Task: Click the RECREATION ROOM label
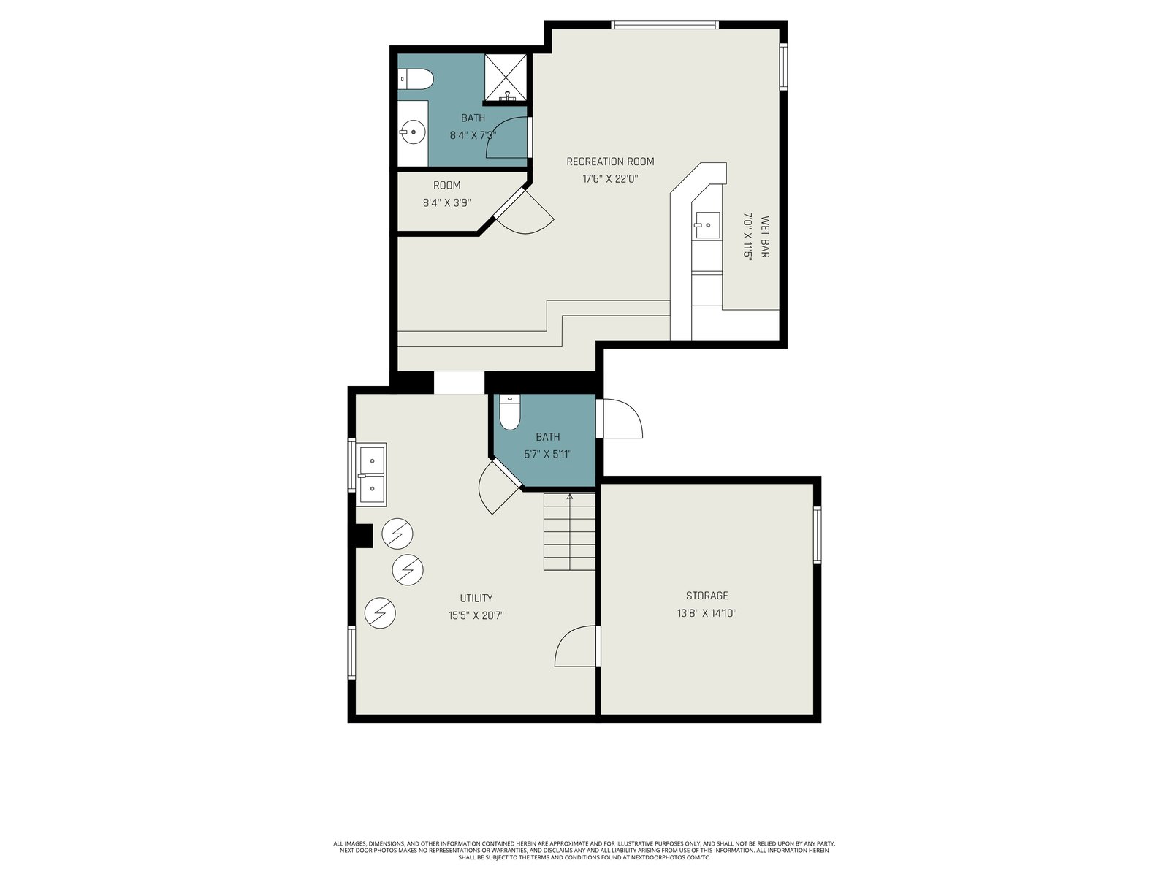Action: coord(610,162)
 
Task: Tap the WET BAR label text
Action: coord(765,236)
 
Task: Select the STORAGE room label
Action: coord(707,596)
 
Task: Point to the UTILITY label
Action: coord(476,598)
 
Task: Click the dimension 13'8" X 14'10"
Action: coord(707,613)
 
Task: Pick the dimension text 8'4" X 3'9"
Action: coord(447,202)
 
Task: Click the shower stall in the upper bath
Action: coord(506,77)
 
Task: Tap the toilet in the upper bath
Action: coord(416,80)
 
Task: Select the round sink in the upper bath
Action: coord(413,132)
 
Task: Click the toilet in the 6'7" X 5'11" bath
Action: coord(510,411)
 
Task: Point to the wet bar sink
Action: coord(707,225)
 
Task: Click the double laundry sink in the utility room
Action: coord(372,474)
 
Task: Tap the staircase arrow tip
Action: coord(570,495)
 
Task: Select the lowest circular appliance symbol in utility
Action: coord(380,613)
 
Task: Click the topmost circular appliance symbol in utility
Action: coord(397,534)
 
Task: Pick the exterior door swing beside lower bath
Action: coord(620,419)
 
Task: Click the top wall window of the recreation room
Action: coord(665,25)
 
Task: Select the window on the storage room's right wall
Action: coord(818,535)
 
